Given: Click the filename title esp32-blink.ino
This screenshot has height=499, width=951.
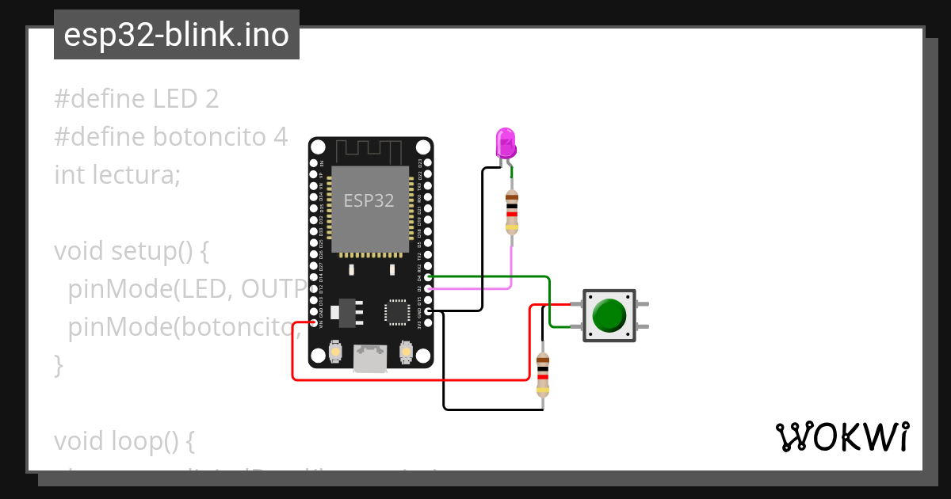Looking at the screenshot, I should pyautogui.click(x=176, y=36).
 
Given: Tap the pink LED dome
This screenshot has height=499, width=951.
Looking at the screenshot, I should pyautogui.click(x=506, y=143).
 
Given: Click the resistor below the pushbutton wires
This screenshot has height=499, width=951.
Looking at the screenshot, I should pyautogui.click(x=543, y=374).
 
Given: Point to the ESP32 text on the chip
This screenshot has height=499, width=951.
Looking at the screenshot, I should pyautogui.click(x=369, y=201).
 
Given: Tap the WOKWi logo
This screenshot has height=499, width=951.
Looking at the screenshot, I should pyautogui.click(x=841, y=436).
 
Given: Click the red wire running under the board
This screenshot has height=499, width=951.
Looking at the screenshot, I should pyautogui.click(x=412, y=380).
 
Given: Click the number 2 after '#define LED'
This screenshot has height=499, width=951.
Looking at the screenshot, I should pyautogui.click(x=211, y=99).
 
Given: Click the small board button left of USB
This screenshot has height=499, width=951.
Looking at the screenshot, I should pyautogui.click(x=336, y=352).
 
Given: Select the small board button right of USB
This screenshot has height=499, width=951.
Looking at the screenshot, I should pyautogui.click(x=406, y=352).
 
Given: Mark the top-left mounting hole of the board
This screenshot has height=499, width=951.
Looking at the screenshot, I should pyautogui.click(x=318, y=147).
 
